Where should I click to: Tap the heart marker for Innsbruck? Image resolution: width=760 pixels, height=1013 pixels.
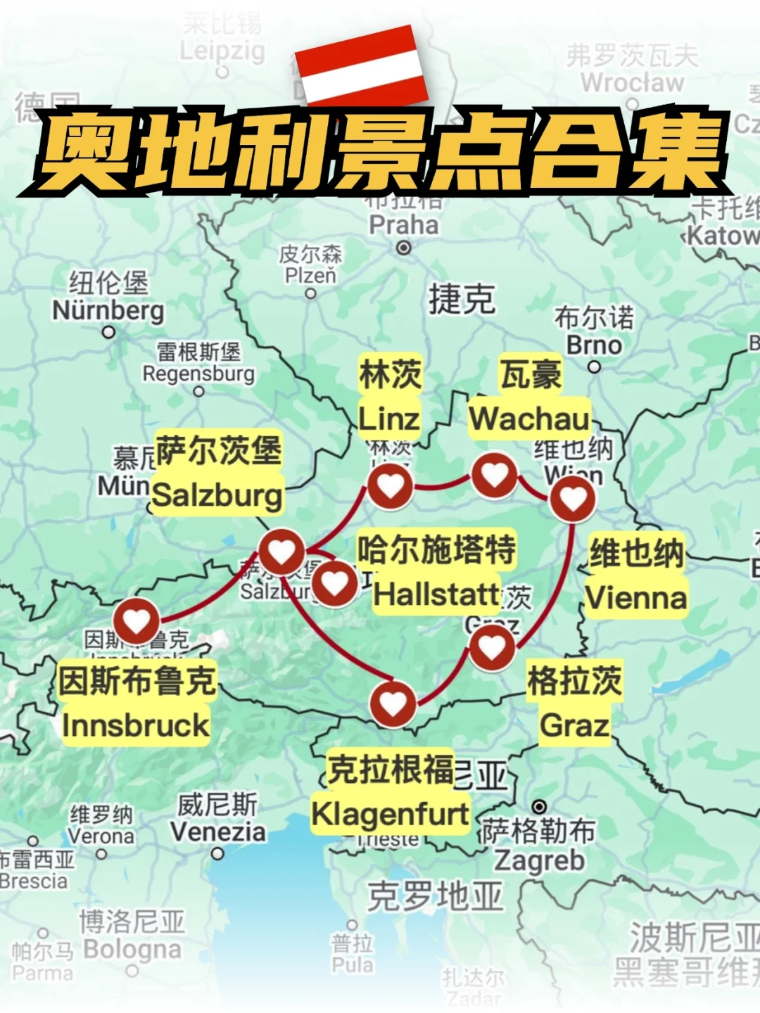tap(137, 621)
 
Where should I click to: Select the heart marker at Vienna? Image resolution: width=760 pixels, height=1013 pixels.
tap(573, 499)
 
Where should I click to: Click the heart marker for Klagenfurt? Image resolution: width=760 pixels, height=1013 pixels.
tap(393, 703)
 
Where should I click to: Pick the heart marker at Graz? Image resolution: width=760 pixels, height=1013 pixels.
tap(492, 647)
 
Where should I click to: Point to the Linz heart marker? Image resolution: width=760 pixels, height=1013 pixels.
tap(391, 485)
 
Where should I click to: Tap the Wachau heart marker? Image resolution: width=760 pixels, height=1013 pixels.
tap(495, 476)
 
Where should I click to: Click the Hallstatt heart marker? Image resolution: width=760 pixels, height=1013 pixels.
tap(334, 582)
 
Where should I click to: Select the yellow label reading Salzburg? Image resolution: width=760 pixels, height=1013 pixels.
tap(217, 495)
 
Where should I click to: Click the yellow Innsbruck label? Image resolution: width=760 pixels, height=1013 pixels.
tap(136, 725)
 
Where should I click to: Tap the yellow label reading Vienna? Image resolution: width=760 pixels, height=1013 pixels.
tap(636, 598)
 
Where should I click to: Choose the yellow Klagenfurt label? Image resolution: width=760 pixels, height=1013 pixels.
tap(391, 815)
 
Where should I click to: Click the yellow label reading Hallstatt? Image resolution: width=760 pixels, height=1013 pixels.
tap(436, 594)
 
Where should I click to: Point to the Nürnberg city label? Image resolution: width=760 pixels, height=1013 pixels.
tap(108, 310)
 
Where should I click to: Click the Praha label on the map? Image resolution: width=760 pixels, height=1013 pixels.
tap(403, 225)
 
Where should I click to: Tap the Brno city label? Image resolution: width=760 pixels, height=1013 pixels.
tap(595, 345)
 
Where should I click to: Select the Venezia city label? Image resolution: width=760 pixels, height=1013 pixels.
tap(218, 832)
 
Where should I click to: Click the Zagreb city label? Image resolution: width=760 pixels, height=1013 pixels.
tap(539, 860)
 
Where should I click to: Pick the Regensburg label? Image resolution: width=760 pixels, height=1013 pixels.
tap(198, 374)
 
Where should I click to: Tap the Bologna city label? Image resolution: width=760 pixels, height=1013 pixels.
tap(132, 949)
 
